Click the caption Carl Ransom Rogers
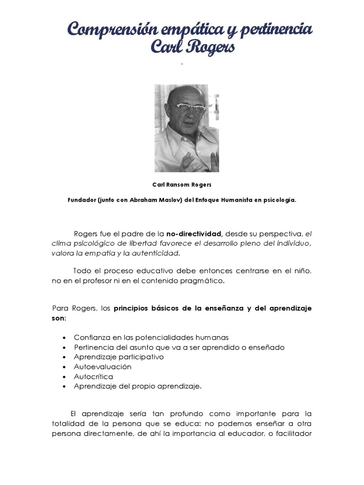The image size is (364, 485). click(182, 185)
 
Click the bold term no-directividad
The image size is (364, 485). click(194, 234)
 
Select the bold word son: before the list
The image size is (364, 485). click(59, 318)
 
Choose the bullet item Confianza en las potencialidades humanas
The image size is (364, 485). click(151, 337)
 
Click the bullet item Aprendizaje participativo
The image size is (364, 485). click(118, 357)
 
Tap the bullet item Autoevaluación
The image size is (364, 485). click(102, 367)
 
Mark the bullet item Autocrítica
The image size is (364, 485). click(93, 377)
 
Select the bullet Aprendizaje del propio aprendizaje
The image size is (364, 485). click(137, 386)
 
